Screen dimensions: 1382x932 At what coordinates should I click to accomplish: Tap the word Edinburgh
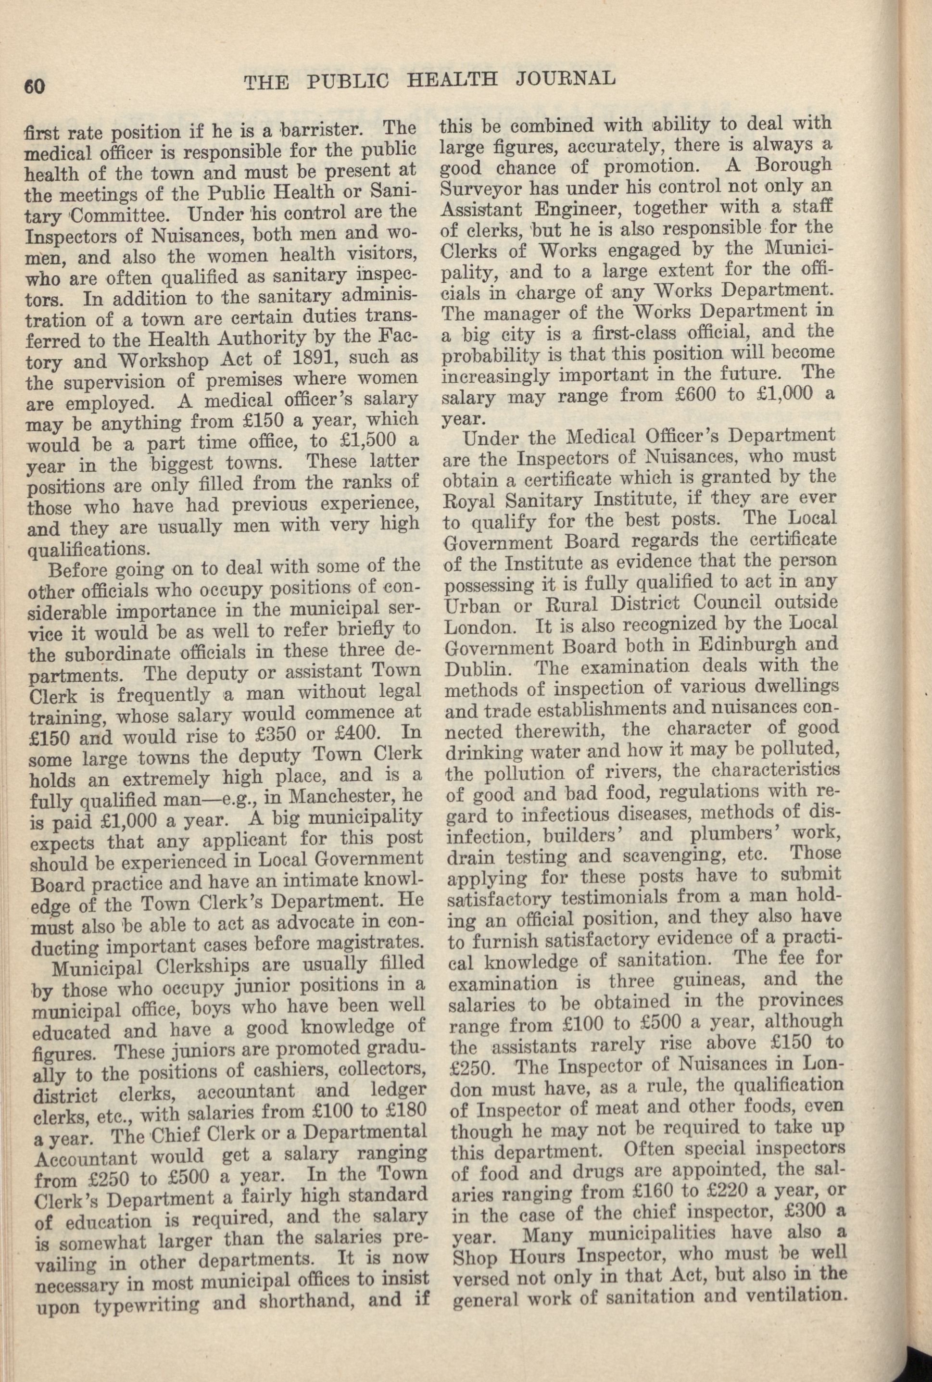[x=745, y=646]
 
